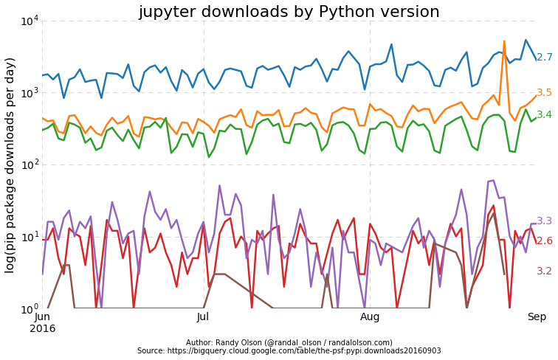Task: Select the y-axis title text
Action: tap(10, 164)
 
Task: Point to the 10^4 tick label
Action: tap(30, 21)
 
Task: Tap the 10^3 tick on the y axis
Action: tap(30, 93)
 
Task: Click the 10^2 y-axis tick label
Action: tap(30, 165)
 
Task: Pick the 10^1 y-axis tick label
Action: tap(30, 237)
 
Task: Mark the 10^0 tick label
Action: tap(30, 308)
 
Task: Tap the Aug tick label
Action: tap(370, 317)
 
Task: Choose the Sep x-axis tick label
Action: tap(537, 317)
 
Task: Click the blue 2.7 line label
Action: tap(544, 58)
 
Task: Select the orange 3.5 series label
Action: tap(544, 93)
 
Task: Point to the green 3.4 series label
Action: tap(544, 115)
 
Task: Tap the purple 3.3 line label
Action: tap(544, 221)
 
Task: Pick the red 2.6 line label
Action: tap(544, 241)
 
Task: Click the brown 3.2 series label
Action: tap(544, 271)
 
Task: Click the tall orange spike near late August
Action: tap(504, 42)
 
